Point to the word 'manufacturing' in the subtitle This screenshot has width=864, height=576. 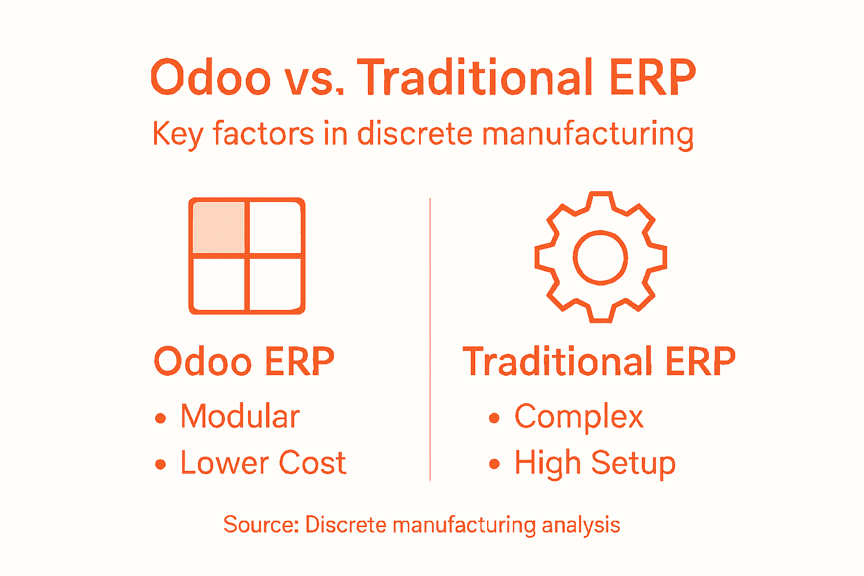click(x=588, y=135)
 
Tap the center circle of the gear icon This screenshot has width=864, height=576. click(x=600, y=258)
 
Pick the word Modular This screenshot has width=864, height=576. click(x=240, y=417)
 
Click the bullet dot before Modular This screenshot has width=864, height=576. click(x=161, y=418)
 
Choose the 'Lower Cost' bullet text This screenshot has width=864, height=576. click(x=263, y=463)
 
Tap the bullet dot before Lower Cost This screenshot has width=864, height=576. click(x=161, y=465)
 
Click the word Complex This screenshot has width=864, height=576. click(x=579, y=417)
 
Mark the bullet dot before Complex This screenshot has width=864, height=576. click(x=494, y=418)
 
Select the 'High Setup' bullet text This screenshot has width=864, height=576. click(x=595, y=463)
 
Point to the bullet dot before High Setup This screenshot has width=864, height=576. click(x=494, y=465)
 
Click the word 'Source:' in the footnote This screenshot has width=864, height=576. click(x=261, y=524)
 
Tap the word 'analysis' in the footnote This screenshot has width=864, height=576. click(x=581, y=525)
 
